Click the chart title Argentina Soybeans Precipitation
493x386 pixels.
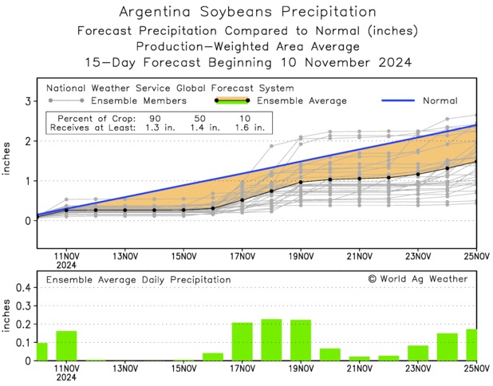[x=246, y=13]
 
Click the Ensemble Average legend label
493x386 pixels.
[x=301, y=101]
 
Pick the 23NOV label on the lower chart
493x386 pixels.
[x=418, y=369]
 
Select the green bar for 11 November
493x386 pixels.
[x=66, y=345]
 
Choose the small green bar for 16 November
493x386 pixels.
[x=213, y=356]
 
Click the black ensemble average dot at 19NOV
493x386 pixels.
[x=301, y=183]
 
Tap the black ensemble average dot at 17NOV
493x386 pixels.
[x=243, y=200]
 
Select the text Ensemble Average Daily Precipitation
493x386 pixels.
[x=138, y=280]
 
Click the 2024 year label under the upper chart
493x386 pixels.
[x=66, y=265]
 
